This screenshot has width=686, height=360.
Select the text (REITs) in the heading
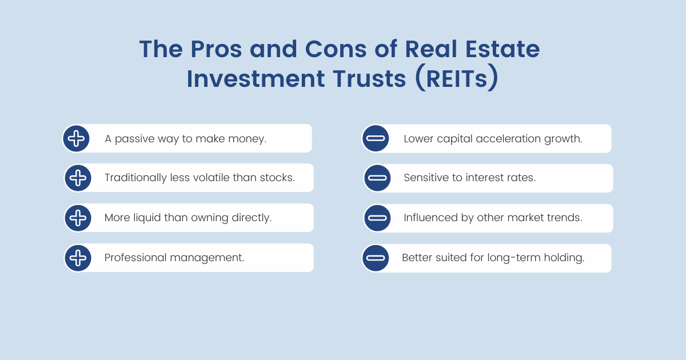click(x=457, y=79)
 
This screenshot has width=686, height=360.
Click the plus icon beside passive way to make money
click(x=76, y=138)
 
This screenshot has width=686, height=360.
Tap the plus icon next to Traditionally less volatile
click(x=77, y=178)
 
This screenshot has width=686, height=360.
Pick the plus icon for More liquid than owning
click(x=77, y=218)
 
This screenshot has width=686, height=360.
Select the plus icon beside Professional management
click(x=77, y=258)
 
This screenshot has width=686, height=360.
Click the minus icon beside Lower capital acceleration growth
click(x=376, y=138)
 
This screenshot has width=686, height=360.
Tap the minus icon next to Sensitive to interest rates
click(x=377, y=178)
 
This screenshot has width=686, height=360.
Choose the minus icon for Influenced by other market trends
click(x=377, y=218)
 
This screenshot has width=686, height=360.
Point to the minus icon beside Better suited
click(x=376, y=258)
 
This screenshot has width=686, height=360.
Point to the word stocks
click(x=276, y=178)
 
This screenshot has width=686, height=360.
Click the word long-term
click(x=512, y=258)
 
